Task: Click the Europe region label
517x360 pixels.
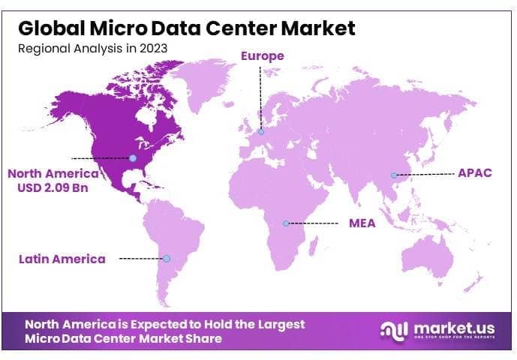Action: [262, 55]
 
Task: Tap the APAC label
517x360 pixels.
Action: [474, 172]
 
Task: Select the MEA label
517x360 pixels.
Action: [363, 223]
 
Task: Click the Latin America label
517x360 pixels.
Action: [62, 259]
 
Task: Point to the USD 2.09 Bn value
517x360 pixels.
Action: [53, 187]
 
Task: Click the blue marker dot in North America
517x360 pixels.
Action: [133, 158]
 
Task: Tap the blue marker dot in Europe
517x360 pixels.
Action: [261, 133]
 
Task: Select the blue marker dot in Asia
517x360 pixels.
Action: [393, 175]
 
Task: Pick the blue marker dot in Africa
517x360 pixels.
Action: [286, 223]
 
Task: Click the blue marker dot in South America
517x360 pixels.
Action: [167, 259]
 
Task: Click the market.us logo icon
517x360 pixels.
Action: [394, 330]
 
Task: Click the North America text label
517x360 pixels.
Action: [54, 173]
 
